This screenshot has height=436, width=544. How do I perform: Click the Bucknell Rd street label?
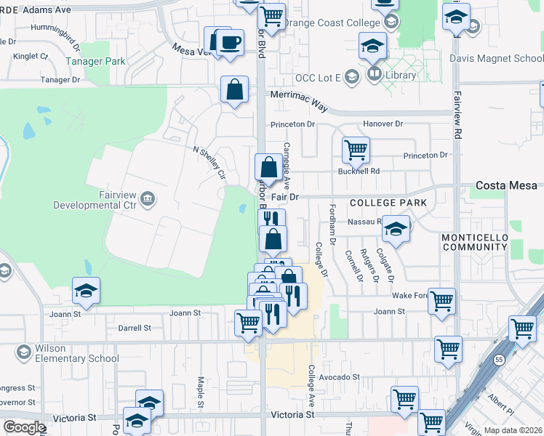[x=359, y=171]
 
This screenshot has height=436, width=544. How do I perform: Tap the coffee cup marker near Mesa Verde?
[x=231, y=42]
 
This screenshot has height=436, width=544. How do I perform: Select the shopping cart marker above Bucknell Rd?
[x=356, y=150]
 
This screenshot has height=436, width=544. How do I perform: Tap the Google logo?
[x=23, y=427]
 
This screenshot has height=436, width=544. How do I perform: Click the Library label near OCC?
[x=401, y=75]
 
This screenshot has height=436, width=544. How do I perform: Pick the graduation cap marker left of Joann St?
[x=87, y=291]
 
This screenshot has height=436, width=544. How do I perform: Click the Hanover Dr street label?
[x=383, y=124]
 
